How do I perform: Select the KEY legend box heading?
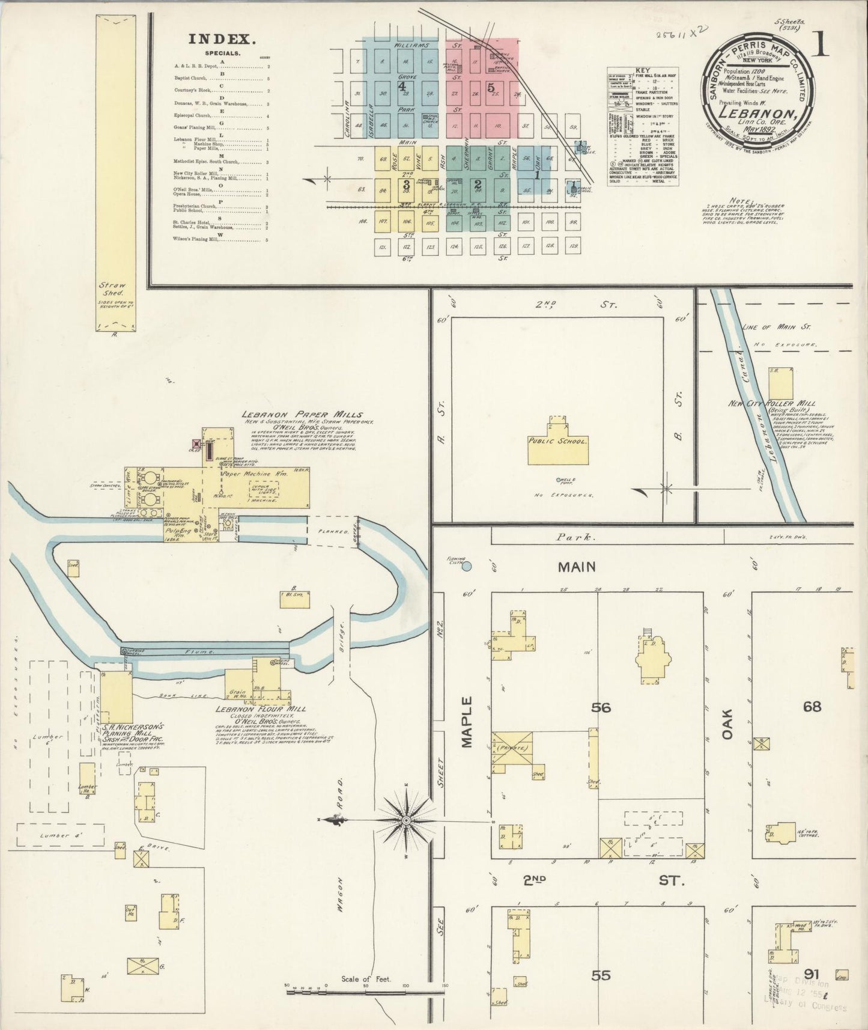tap(642, 71)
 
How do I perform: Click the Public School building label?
tap(557, 441)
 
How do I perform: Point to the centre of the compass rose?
tap(407, 820)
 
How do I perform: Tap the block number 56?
tap(601, 708)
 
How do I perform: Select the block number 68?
tap(812, 707)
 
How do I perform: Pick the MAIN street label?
tap(576, 567)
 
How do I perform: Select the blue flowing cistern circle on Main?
tap(467, 566)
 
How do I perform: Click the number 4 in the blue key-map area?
tap(401, 86)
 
